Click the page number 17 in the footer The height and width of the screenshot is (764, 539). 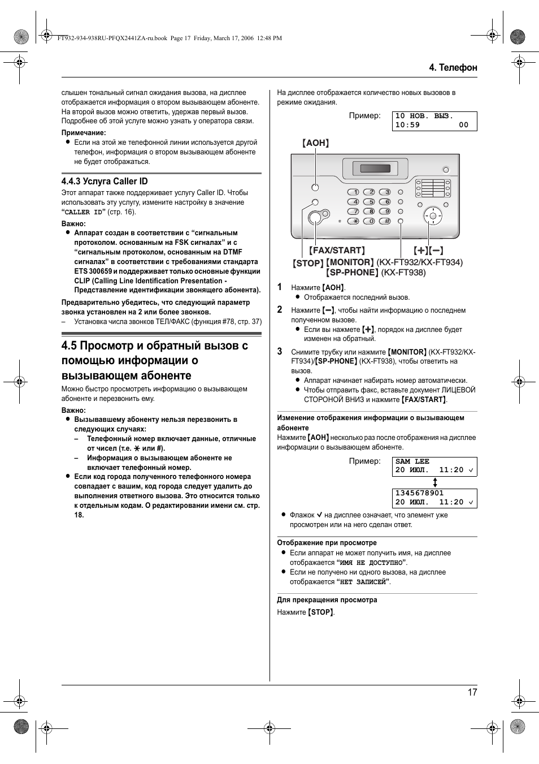pos(472,692)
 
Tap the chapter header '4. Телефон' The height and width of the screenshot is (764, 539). pos(453,67)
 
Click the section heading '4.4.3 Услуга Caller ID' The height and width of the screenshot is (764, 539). pos(105,181)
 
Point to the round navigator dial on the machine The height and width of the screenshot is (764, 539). pos(433,215)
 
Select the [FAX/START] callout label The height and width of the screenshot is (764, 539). pos(337,250)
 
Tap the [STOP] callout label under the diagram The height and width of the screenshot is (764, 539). pos(308,263)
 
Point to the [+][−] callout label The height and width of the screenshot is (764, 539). pos(428,250)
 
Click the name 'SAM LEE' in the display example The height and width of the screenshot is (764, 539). pos(412,461)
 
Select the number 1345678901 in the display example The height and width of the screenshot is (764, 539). pos(420,493)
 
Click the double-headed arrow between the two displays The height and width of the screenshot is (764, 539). pos(435,482)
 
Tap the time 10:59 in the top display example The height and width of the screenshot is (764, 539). pos(407,125)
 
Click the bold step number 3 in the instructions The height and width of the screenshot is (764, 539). pos(280,351)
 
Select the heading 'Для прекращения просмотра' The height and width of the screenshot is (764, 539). pos(327,600)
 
